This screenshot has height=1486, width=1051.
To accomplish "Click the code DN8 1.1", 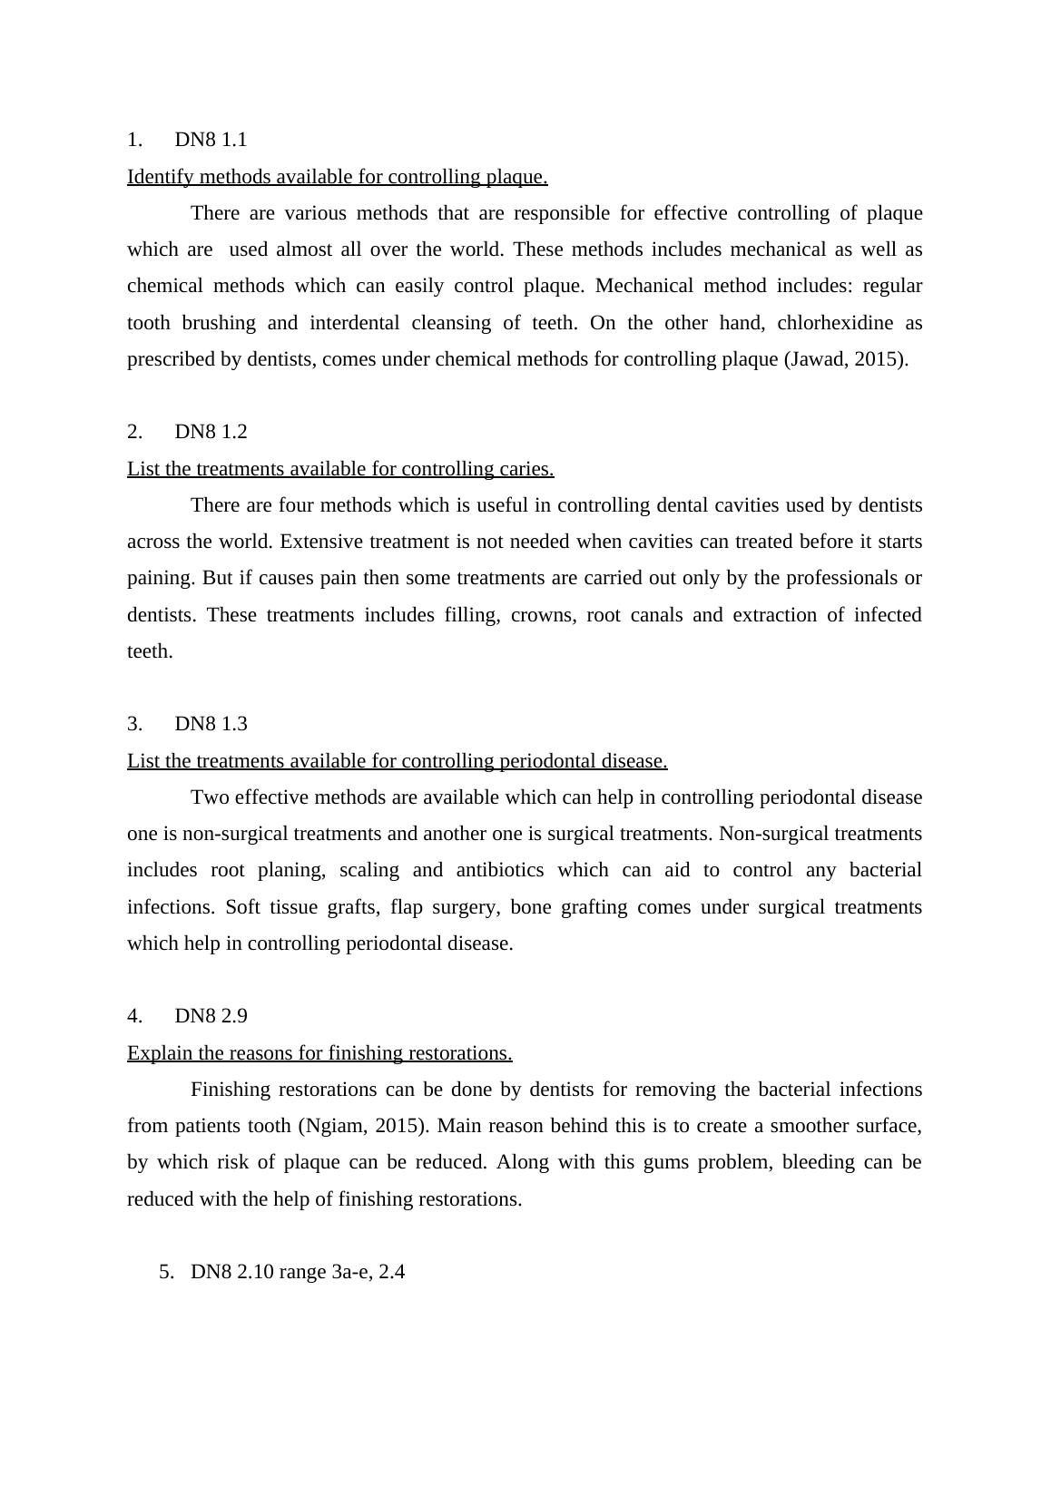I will (x=211, y=140).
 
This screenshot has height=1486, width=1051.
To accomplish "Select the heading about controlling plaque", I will (x=337, y=177).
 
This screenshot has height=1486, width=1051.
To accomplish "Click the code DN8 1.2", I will (x=211, y=432).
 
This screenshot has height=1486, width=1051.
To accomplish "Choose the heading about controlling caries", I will (x=340, y=469).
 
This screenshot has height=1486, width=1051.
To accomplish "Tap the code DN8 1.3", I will (x=211, y=724).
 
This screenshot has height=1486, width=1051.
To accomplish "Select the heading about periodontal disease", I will (x=397, y=761).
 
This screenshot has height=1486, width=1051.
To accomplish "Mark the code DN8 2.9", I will (x=211, y=1016).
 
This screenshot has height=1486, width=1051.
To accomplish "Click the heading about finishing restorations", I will (x=319, y=1053).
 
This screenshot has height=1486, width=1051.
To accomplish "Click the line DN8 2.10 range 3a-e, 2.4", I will (x=297, y=1272).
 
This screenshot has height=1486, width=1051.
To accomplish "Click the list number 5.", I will (x=165, y=1272).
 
